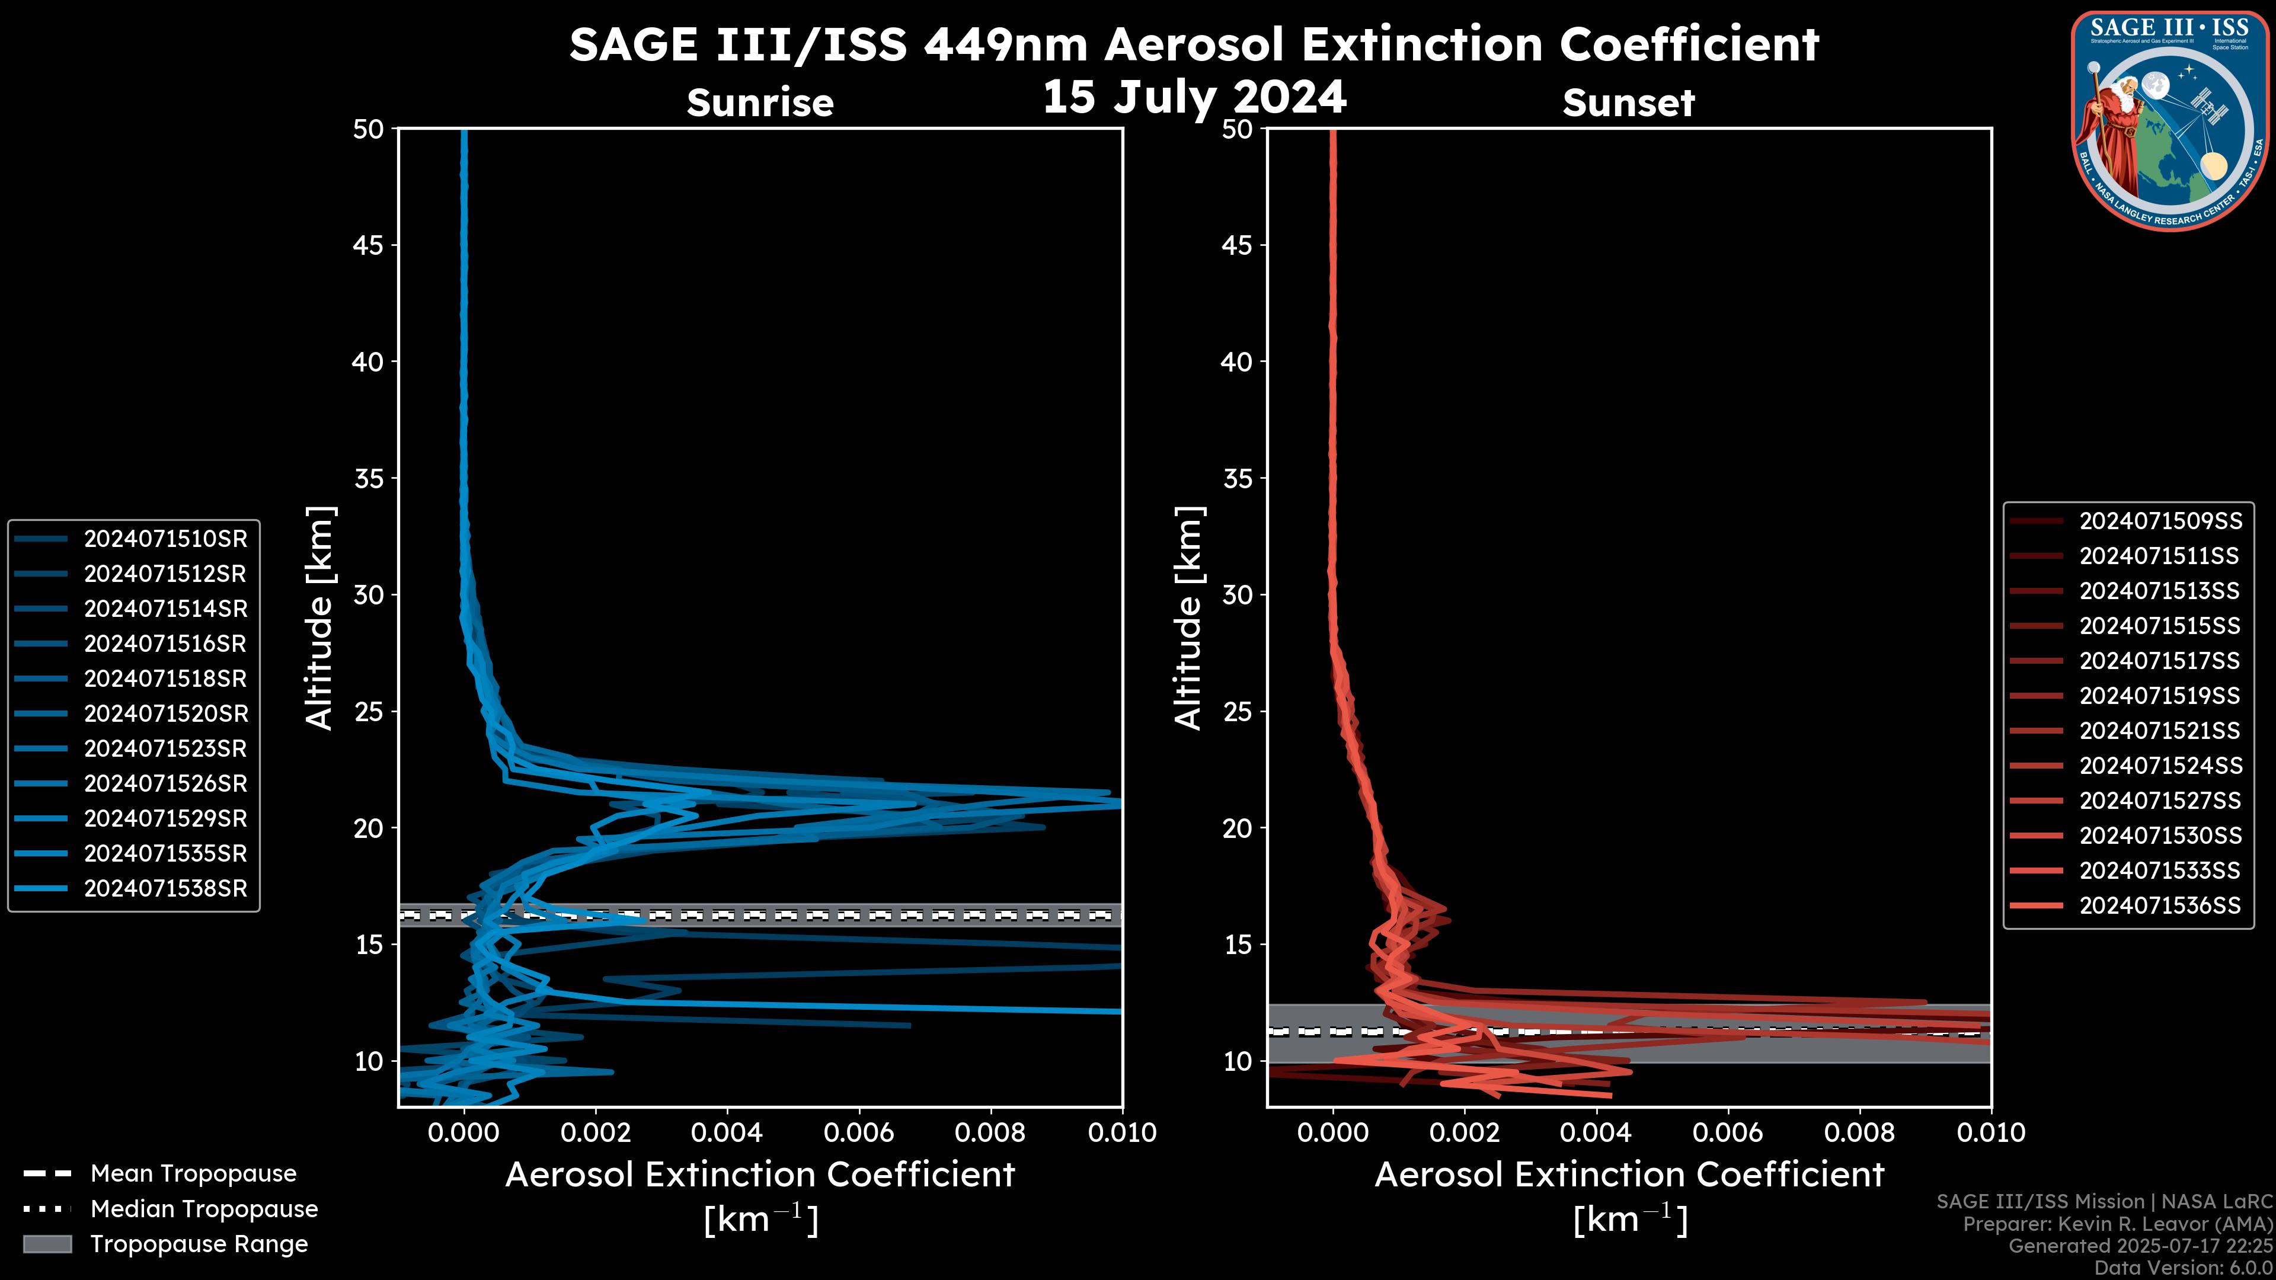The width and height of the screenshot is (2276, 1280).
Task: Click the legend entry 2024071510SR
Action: coord(165,539)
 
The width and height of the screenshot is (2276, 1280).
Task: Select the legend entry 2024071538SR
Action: coord(165,889)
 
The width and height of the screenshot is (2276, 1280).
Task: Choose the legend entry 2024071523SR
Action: coord(165,749)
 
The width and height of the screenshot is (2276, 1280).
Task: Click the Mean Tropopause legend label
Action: coord(193,1174)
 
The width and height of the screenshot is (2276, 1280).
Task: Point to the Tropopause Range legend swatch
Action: coord(47,1244)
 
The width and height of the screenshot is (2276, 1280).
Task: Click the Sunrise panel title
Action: coord(760,103)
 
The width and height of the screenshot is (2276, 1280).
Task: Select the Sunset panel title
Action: coord(1628,103)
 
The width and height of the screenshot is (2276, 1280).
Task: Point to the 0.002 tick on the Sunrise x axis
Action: coord(596,1132)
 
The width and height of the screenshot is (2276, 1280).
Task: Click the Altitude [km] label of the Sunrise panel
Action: coord(318,617)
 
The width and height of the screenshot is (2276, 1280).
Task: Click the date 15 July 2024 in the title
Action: coord(1194,97)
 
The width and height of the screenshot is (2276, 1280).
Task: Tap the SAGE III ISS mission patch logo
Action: coord(2170,119)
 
